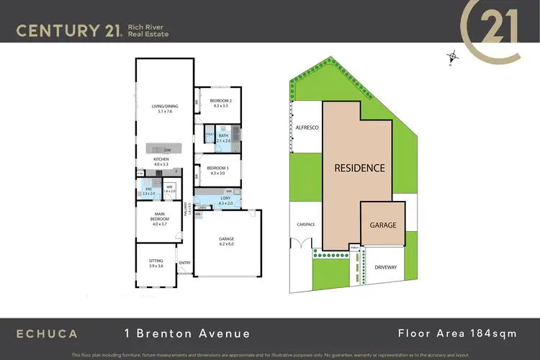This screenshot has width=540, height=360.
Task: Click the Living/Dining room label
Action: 164,107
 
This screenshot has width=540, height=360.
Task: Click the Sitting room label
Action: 156,261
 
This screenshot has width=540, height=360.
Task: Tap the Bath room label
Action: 223,135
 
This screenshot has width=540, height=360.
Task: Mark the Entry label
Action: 185,263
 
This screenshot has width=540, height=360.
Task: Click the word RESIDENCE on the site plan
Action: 359,168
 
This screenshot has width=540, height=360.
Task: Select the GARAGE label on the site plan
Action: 383,225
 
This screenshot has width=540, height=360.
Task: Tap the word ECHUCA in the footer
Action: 48,333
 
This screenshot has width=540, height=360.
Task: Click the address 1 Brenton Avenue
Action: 186,333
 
